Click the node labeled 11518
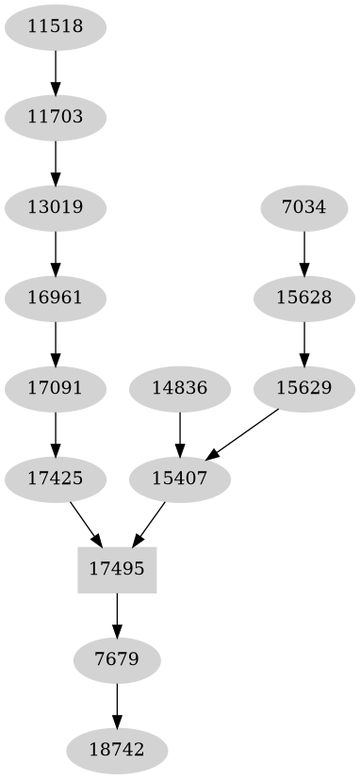[x=56, y=27]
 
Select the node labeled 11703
[x=56, y=118]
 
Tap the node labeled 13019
[x=56, y=208]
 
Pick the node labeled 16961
[x=56, y=299]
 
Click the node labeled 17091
[x=56, y=387]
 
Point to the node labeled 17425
[x=56, y=478]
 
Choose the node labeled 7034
[x=303, y=208]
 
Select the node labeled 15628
[x=303, y=299]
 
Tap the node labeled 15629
[x=303, y=387]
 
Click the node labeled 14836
[x=179, y=387]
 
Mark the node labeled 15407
[x=179, y=478]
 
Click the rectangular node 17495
[x=117, y=568]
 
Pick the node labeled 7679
[x=117, y=659]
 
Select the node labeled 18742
[x=117, y=750]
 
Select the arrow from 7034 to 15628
[x=303, y=252]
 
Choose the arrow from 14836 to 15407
[x=179, y=432]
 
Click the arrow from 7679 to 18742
[x=117, y=705]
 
